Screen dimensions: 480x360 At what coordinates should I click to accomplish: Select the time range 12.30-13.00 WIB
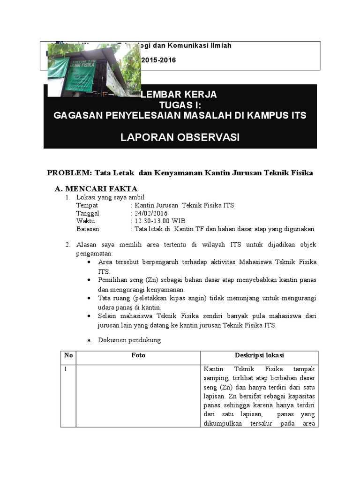tap(157, 221)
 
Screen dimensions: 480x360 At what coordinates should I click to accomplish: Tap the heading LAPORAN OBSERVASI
tap(180, 137)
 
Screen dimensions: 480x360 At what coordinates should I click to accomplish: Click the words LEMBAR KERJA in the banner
tap(179, 95)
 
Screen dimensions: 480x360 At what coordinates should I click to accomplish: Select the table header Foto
tap(138, 355)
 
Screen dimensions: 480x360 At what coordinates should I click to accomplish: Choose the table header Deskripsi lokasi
tap(259, 355)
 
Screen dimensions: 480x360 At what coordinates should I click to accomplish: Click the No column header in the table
tap(68, 355)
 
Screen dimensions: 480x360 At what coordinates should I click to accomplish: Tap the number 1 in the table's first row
tap(67, 369)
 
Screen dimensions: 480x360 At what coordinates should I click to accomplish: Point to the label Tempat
tap(87, 205)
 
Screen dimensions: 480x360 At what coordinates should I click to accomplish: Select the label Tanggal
tap(88, 213)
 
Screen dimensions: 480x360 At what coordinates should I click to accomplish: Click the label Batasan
tap(88, 229)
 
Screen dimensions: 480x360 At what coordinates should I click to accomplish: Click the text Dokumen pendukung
tap(129, 340)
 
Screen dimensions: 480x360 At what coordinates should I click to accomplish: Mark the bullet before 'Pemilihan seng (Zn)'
tap(89, 279)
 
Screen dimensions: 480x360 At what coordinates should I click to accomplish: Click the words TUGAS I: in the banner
tap(180, 105)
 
